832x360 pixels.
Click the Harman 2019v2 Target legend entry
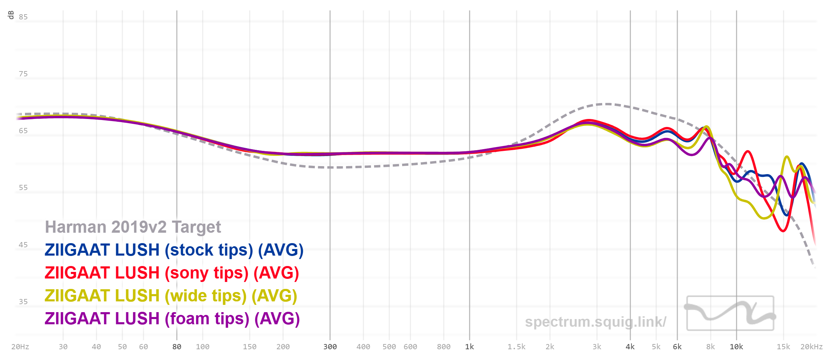(x=133, y=227)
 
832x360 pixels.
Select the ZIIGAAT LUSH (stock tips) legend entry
(x=174, y=250)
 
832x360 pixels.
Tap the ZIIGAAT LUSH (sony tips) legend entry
(x=172, y=273)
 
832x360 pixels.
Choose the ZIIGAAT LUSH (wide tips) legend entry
(x=171, y=296)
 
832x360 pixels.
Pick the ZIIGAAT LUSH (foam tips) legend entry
(x=172, y=319)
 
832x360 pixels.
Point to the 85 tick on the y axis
(x=23, y=17)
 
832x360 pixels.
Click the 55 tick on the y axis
(x=23, y=188)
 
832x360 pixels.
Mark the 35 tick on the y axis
(x=23, y=302)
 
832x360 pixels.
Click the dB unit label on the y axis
(x=11, y=15)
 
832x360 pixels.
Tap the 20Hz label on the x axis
(x=20, y=347)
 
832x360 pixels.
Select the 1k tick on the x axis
(x=469, y=347)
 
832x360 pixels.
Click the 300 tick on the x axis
(x=330, y=347)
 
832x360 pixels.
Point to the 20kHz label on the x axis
(x=811, y=347)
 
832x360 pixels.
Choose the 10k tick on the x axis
(x=736, y=347)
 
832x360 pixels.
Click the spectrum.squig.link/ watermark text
(x=595, y=322)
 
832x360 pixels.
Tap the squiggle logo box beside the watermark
(x=730, y=313)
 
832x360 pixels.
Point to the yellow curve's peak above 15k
(x=787, y=157)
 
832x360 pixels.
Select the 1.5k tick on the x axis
(x=516, y=347)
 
